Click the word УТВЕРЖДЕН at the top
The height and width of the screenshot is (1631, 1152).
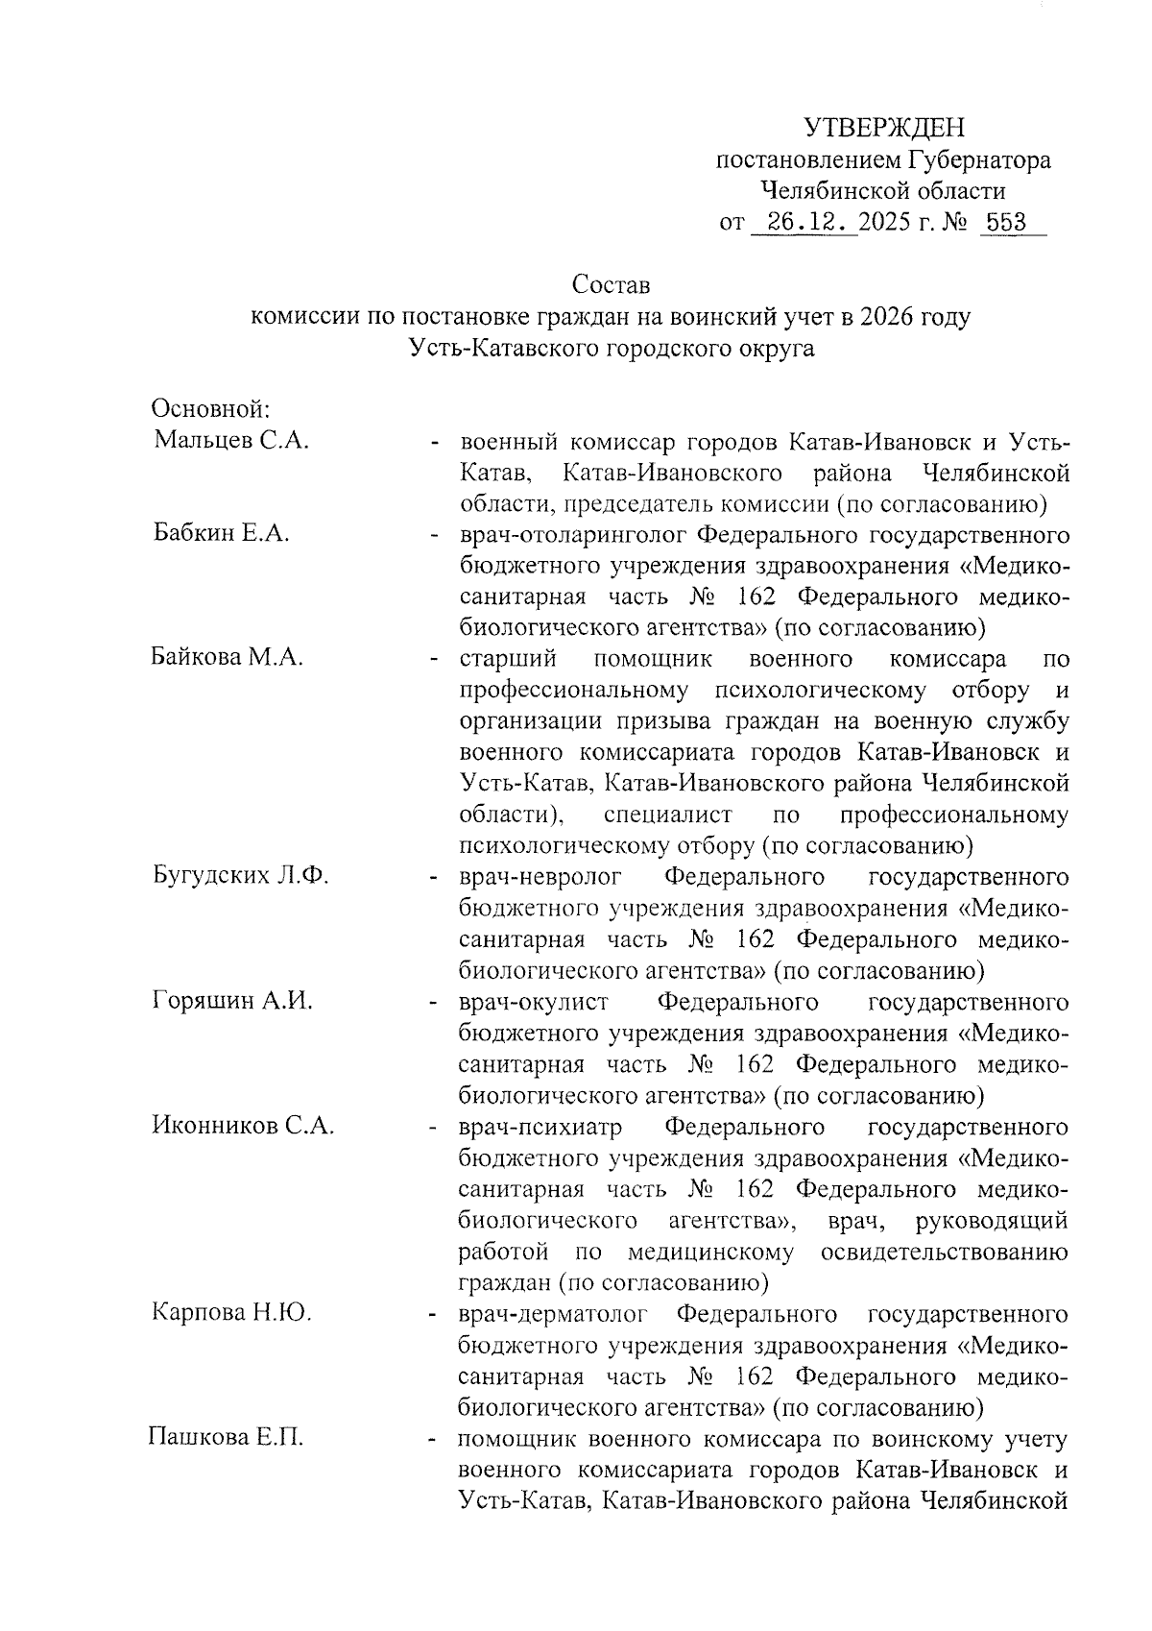pos(883,128)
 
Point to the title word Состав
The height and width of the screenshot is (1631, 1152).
pos(611,285)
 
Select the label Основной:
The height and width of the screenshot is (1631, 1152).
pos(210,409)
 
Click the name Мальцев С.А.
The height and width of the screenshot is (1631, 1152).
pos(231,441)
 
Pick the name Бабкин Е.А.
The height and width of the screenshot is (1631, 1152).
pos(222,534)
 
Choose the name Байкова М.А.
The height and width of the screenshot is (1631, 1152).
pos(228,659)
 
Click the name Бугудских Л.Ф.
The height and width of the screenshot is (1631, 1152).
pos(241,876)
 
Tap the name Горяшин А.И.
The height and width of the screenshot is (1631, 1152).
pos(233,1001)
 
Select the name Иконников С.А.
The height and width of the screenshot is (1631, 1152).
pos(243,1126)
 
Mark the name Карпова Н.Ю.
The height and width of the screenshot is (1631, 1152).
pos(231,1313)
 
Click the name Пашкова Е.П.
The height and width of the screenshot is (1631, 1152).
pos(226,1438)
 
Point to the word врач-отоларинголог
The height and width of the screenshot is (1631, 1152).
pos(572,534)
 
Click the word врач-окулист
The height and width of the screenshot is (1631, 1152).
pos(534,1002)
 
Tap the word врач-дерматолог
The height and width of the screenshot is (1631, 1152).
pos(554,1313)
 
